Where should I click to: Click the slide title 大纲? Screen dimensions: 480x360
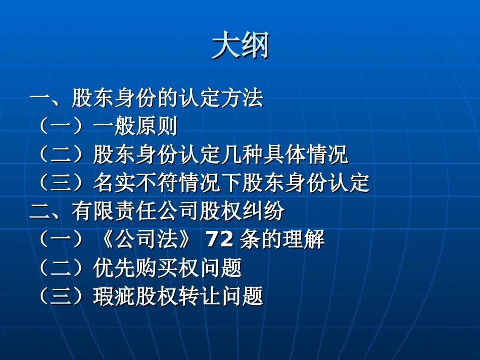(x=241, y=45)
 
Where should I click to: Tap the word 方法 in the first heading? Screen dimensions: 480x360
(x=242, y=98)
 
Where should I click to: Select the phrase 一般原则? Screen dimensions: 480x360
(x=135, y=126)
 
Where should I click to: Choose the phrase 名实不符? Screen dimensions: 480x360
(x=135, y=183)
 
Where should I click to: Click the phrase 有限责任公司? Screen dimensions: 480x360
(x=135, y=211)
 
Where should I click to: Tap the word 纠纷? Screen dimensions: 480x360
(x=264, y=211)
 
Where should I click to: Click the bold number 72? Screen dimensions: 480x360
(x=219, y=239)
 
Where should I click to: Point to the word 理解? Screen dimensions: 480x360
(x=304, y=239)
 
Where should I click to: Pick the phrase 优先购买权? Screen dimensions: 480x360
(x=146, y=268)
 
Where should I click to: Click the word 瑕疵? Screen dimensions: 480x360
(x=114, y=296)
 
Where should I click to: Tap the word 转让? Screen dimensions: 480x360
(x=199, y=296)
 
